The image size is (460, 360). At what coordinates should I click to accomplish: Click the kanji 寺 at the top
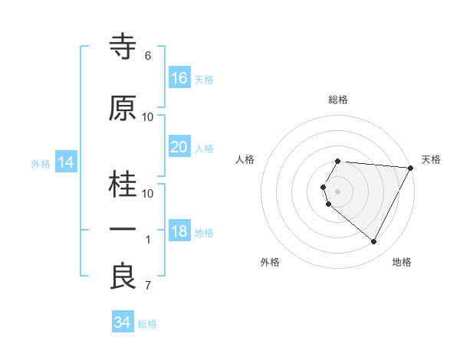click(x=123, y=47)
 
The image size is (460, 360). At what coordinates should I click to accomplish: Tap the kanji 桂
click(x=123, y=185)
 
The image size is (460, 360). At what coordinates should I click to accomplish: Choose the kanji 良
click(x=123, y=277)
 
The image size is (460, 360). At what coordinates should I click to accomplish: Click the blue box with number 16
click(x=179, y=78)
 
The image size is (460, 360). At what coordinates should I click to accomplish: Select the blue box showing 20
click(x=179, y=147)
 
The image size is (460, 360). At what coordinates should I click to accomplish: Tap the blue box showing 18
click(x=179, y=231)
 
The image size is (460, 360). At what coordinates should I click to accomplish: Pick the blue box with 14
click(x=65, y=162)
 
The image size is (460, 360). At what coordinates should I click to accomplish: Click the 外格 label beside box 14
click(x=41, y=163)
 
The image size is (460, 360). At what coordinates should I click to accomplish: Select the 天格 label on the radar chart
click(x=431, y=159)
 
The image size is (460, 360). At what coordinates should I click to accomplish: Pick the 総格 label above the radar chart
click(x=338, y=100)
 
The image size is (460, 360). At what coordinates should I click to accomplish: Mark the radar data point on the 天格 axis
click(x=411, y=168)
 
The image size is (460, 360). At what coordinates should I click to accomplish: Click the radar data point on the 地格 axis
click(x=373, y=242)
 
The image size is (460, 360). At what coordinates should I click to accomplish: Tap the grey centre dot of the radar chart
click(x=338, y=191)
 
